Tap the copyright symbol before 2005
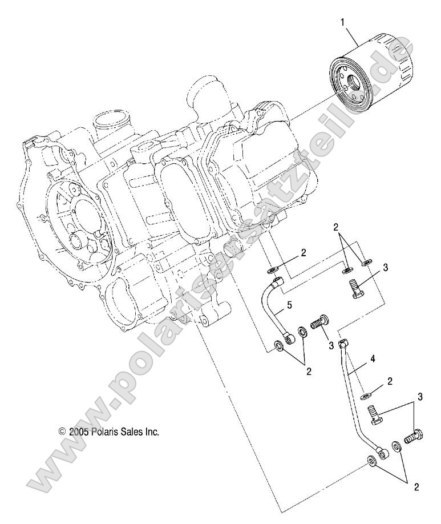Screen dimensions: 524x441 pos(63,432)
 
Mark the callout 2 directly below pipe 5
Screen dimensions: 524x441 pos(309,372)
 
